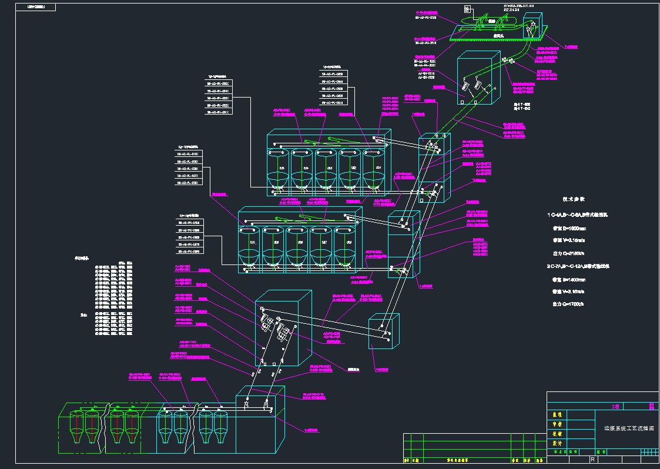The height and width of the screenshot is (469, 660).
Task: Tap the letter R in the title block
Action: [x=592, y=459]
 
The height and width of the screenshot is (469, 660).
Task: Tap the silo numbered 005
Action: [x=281, y=168]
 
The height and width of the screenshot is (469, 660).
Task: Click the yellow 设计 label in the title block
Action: [x=555, y=443]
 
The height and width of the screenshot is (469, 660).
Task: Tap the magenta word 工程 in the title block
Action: [x=616, y=406]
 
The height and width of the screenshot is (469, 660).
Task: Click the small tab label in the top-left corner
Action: [x=41, y=8]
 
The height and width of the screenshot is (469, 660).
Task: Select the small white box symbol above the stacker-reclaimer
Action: [x=467, y=9]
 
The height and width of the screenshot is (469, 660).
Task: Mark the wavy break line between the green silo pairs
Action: [x=105, y=429]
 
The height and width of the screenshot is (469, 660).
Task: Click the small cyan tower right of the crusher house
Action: [x=384, y=333]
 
